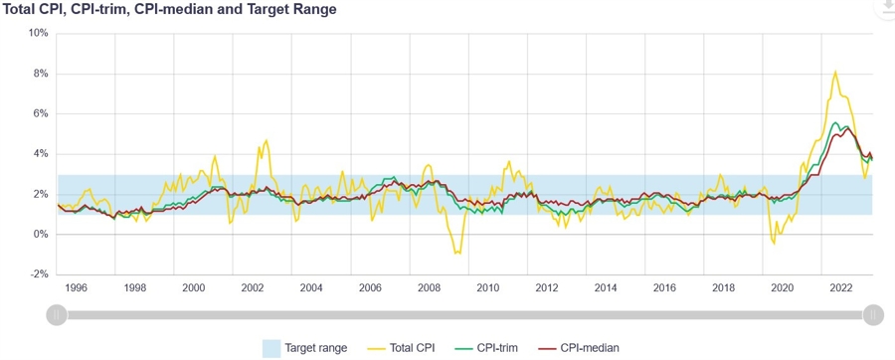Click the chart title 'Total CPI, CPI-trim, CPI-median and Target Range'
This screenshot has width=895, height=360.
[169, 10]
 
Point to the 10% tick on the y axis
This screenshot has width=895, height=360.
[37, 33]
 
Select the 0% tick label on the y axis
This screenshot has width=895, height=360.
[40, 235]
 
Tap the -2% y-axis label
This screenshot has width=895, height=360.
[38, 274]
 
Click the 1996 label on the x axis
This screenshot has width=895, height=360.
[77, 287]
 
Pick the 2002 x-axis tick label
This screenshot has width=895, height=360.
[253, 287]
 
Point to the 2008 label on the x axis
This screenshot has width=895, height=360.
[429, 287]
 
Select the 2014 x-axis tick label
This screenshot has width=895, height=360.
[606, 287]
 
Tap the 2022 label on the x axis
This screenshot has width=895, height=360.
[840, 287]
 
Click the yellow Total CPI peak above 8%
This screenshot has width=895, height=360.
[835, 72]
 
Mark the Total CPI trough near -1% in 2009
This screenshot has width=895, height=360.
[457, 253]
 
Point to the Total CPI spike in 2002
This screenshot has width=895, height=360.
[266, 141]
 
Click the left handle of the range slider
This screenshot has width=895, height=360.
[58, 315]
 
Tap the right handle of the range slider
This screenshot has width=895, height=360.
[872, 315]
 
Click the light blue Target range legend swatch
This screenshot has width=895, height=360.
[270, 347]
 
